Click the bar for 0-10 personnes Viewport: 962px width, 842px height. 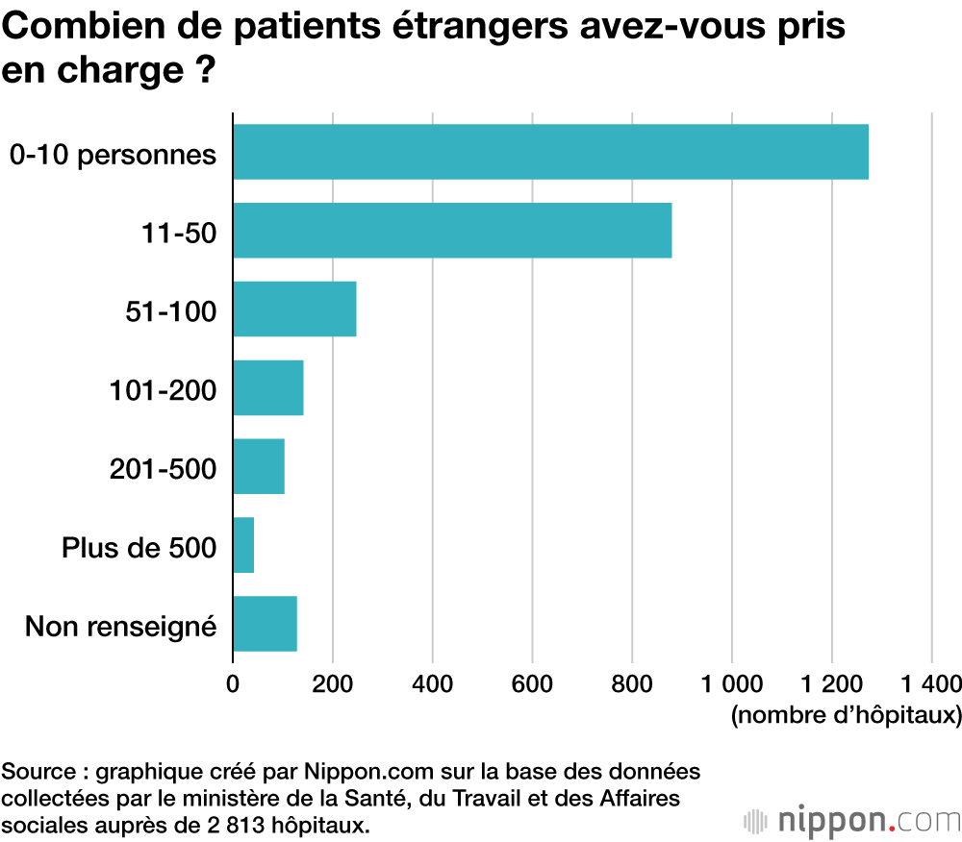[550, 152]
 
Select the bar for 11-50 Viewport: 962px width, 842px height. [452, 231]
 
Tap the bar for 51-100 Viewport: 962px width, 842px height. [294, 310]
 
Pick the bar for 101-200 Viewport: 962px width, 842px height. [267, 387]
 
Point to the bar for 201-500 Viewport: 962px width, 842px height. [259, 466]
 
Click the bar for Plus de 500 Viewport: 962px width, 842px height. [243, 545]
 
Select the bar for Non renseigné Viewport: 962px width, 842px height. [265, 624]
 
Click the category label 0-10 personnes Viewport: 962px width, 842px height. [113, 154]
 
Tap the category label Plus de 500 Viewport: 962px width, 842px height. [139, 547]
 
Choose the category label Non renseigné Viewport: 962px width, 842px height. [120, 627]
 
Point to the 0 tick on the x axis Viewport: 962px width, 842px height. [233, 683]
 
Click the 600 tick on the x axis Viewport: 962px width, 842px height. [532, 683]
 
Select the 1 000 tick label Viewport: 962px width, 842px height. [732, 683]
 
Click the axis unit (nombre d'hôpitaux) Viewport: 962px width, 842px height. [846, 715]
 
